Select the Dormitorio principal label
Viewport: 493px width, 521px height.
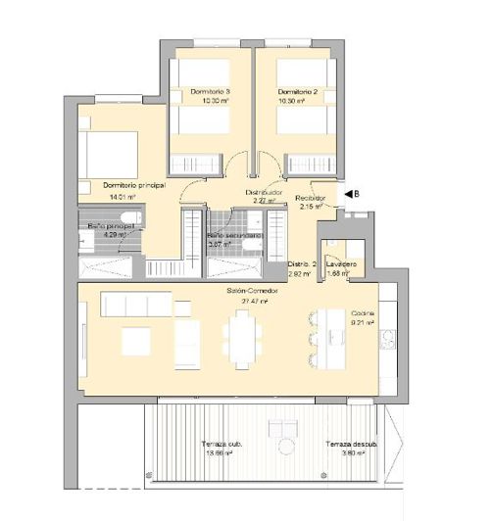132,185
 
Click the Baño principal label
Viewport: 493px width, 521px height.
110,226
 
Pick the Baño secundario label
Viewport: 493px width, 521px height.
234,236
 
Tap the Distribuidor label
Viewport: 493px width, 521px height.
264,193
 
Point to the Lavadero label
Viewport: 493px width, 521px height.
340,264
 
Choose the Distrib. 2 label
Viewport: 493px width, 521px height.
301,264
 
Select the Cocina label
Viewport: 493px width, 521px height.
364,313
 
